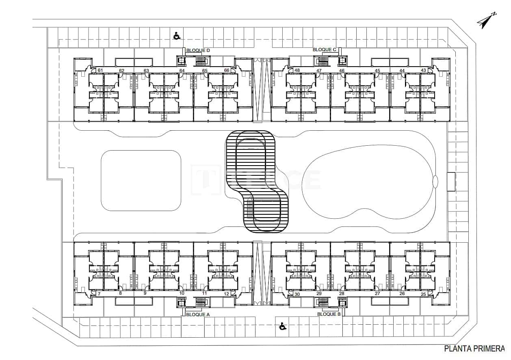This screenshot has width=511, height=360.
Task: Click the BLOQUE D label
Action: pyautogui.click(x=198, y=50)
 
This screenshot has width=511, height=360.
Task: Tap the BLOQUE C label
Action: pyautogui.click(x=324, y=50)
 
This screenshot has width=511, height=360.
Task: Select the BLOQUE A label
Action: pyautogui.click(x=198, y=314)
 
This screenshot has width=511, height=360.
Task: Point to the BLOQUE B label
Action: pyautogui.click(x=329, y=314)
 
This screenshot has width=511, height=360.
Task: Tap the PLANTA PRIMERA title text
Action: pyautogui.click(x=474, y=348)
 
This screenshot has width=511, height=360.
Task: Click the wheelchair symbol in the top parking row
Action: pyautogui.click(x=177, y=36)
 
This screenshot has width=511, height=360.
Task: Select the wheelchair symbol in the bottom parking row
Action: pyautogui.click(x=282, y=326)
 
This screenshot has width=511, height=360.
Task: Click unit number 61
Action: pyautogui.click(x=100, y=71)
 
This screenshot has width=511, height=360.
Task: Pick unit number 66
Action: pyautogui.click(x=227, y=71)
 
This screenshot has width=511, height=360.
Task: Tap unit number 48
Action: pyautogui.click(x=297, y=71)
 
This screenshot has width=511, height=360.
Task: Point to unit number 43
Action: pyautogui.click(x=423, y=71)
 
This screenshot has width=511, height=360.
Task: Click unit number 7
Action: pyautogui.click(x=99, y=293)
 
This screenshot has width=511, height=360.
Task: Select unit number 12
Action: pyautogui.click(x=227, y=293)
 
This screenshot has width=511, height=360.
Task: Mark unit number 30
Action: pyautogui.click(x=297, y=294)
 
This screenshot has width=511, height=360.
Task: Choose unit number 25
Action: pyautogui.click(x=423, y=294)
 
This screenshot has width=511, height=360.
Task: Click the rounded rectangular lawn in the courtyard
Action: pyautogui.click(x=141, y=180)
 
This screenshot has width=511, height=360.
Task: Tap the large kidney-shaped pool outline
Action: pyautogui.click(x=368, y=182)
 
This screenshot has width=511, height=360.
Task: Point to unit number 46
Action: pyautogui.click(x=342, y=71)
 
